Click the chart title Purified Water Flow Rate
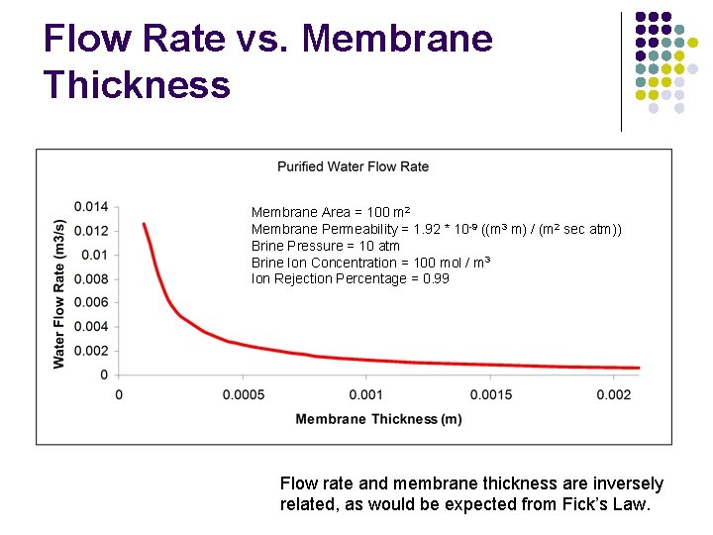pos(353,166)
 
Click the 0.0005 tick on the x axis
pos(243,394)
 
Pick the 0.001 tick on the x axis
pos(366,394)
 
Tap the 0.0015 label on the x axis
pos(490,394)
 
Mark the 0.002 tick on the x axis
pos(614,394)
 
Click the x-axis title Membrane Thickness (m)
pos(378,419)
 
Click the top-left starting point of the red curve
pos(144,224)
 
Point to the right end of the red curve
pos(639,368)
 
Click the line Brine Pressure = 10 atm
pos(326,246)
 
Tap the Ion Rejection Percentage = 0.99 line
pos(351,279)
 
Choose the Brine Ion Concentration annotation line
pos(371,263)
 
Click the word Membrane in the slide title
pos(397,39)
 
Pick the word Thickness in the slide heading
pos(137,84)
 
